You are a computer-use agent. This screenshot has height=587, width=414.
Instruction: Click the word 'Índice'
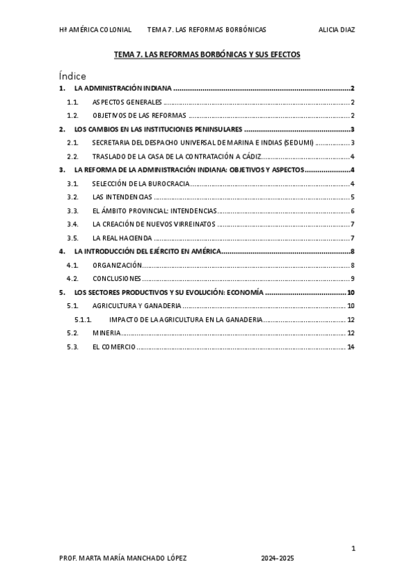tap(73, 75)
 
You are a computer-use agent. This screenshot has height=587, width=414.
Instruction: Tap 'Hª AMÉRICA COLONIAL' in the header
tap(96, 30)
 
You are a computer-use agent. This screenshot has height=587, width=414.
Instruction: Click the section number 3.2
tap(72, 197)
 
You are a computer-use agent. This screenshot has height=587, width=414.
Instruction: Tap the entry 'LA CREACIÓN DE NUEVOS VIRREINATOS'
tap(154, 224)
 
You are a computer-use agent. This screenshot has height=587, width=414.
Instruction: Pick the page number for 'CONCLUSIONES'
tap(352, 278)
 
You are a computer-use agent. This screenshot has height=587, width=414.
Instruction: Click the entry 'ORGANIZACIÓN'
tap(117, 265)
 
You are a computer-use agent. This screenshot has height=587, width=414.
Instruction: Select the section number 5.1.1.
tap(83, 319)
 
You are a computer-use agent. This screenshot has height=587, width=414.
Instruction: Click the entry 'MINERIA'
tap(106, 333)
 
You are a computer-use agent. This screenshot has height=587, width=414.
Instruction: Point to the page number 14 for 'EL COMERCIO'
tap(351, 346)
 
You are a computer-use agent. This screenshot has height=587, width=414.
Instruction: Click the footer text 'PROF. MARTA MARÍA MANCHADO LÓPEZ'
tap(123, 557)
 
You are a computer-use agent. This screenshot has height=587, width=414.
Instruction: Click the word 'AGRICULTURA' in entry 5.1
tap(116, 305)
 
